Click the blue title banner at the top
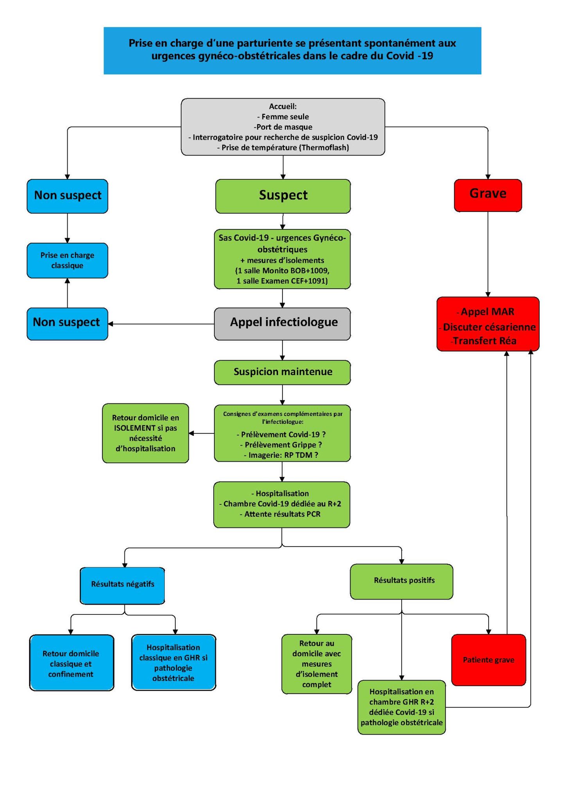point(292,50)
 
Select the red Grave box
point(487,195)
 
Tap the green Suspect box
point(283,196)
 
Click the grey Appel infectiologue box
point(282,323)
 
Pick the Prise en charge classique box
point(67,260)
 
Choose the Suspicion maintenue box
point(282,372)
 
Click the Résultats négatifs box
point(122,585)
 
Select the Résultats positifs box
point(401,581)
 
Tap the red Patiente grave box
point(488,659)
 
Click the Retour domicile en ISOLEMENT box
point(145,433)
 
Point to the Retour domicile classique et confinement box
point(71,663)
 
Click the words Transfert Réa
point(484,341)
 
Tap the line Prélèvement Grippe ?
point(281,444)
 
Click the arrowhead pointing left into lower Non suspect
point(111,324)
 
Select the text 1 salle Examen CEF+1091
point(282,281)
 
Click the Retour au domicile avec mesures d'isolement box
point(316,664)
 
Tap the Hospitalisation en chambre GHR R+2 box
point(401,707)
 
